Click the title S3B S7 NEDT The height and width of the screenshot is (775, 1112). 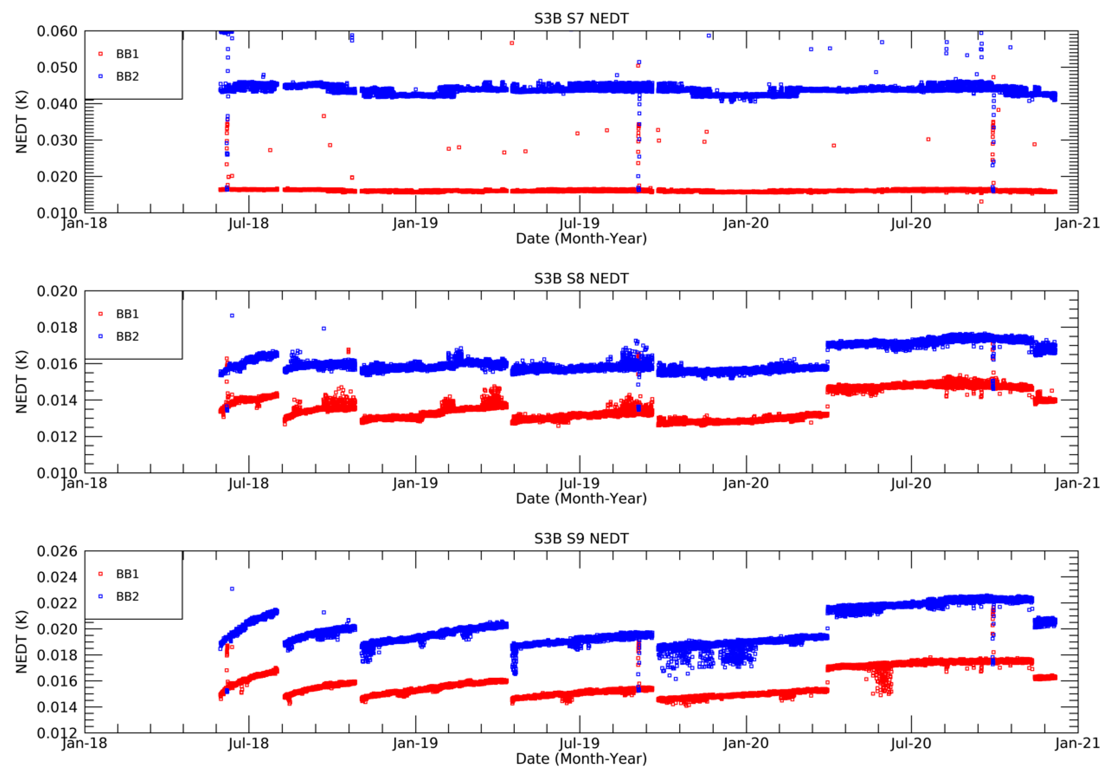point(581,18)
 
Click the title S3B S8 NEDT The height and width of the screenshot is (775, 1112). point(581,279)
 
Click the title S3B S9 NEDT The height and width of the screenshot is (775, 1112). point(581,538)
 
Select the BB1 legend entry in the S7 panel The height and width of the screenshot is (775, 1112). point(127,54)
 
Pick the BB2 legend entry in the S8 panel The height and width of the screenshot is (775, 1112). point(127,336)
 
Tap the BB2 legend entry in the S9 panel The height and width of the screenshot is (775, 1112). point(127,596)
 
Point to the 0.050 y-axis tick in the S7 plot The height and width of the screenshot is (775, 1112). point(57,67)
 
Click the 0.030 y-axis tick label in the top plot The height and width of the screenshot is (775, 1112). point(57,140)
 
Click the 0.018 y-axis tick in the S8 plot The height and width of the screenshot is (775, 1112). point(57,328)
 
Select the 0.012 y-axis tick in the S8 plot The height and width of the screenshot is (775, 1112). point(57,437)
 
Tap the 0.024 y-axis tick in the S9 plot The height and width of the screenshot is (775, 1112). point(57,577)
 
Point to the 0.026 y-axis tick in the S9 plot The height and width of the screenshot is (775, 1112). point(57,552)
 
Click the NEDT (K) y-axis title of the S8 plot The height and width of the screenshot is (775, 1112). point(21,382)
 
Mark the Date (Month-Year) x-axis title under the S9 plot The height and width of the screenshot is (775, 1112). point(581,758)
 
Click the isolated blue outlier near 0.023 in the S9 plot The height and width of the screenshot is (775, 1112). point(232,589)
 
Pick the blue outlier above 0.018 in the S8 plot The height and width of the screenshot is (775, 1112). point(232,315)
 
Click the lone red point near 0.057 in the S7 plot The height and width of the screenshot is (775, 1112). point(512,43)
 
